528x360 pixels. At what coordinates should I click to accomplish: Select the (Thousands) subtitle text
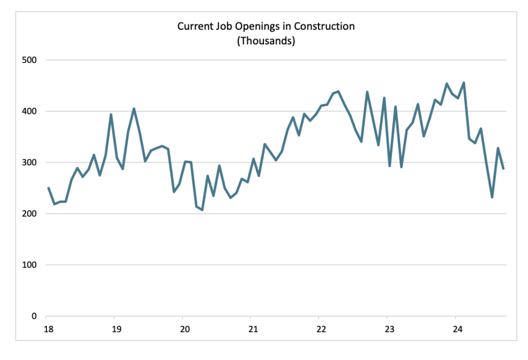(266, 41)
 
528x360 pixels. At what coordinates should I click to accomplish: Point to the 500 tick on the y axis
(30, 60)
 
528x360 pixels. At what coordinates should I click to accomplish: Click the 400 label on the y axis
(30, 111)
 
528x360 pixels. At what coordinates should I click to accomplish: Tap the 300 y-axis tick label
(30, 162)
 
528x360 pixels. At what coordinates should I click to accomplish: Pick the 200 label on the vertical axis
(30, 214)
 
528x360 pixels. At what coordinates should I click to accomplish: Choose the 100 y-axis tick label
(30, 265)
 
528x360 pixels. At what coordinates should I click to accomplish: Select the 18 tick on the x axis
(47, 329)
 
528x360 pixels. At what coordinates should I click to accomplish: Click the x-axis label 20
(183, 329)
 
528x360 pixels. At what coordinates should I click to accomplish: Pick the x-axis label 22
(320, 329)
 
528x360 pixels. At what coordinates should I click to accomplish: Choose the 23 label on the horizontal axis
(388, 329)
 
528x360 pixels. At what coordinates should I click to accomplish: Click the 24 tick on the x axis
(456, 329)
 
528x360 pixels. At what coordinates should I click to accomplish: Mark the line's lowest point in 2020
(202, 210)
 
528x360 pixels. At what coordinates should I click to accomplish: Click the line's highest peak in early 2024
(464, 83)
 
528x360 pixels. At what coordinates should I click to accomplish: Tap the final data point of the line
(503, 169)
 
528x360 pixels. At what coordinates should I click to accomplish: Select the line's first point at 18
(48, 188)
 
